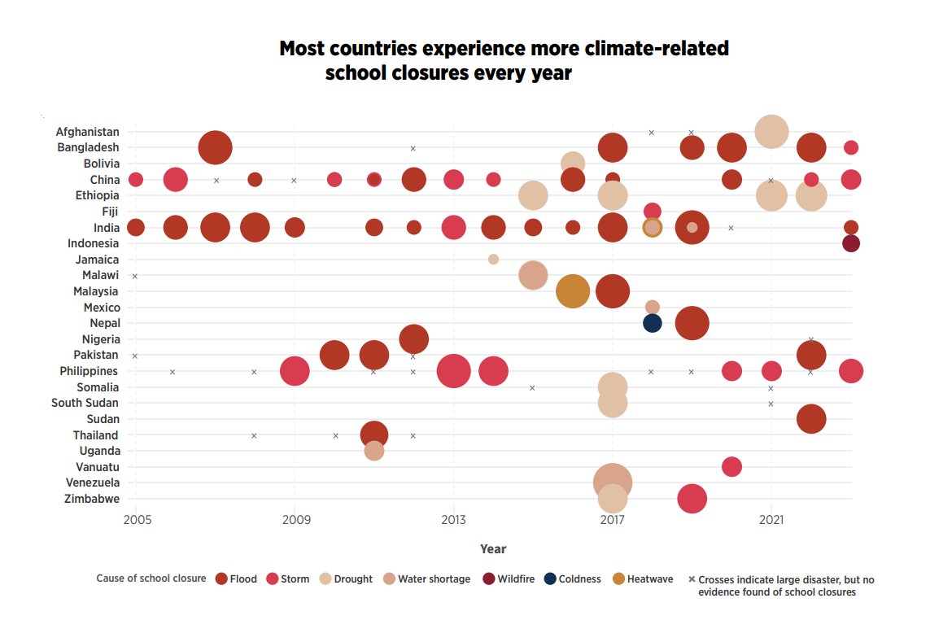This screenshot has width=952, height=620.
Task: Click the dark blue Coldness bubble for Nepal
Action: point(652,323)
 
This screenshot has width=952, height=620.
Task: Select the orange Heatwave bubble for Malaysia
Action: point(573,291)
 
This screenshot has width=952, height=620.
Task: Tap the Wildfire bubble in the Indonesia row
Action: point(850,243)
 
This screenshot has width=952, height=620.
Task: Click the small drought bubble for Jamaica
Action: point(493,260)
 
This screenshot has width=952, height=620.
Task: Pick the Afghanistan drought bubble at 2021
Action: point(771,131)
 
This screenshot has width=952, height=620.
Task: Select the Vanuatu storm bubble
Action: point(731,467)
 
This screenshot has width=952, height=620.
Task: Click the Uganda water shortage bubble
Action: point(373,451)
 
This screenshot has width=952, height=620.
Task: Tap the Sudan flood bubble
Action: point(810,419)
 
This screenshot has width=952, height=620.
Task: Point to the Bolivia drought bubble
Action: point(573,163)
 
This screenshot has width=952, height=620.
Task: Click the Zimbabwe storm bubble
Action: point(692,499)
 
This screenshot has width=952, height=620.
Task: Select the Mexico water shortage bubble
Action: point(652,307)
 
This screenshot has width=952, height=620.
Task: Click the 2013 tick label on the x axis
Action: point(453,520)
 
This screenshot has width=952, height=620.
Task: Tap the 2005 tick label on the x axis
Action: point(136,520)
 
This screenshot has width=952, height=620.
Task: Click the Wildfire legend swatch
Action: point(488,579)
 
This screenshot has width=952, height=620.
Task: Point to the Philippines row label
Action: point(90,371)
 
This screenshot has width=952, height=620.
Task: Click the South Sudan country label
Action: point(85,403)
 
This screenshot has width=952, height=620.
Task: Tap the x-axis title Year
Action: point(493,549)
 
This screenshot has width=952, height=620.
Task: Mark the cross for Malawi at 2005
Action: point(135,276)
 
